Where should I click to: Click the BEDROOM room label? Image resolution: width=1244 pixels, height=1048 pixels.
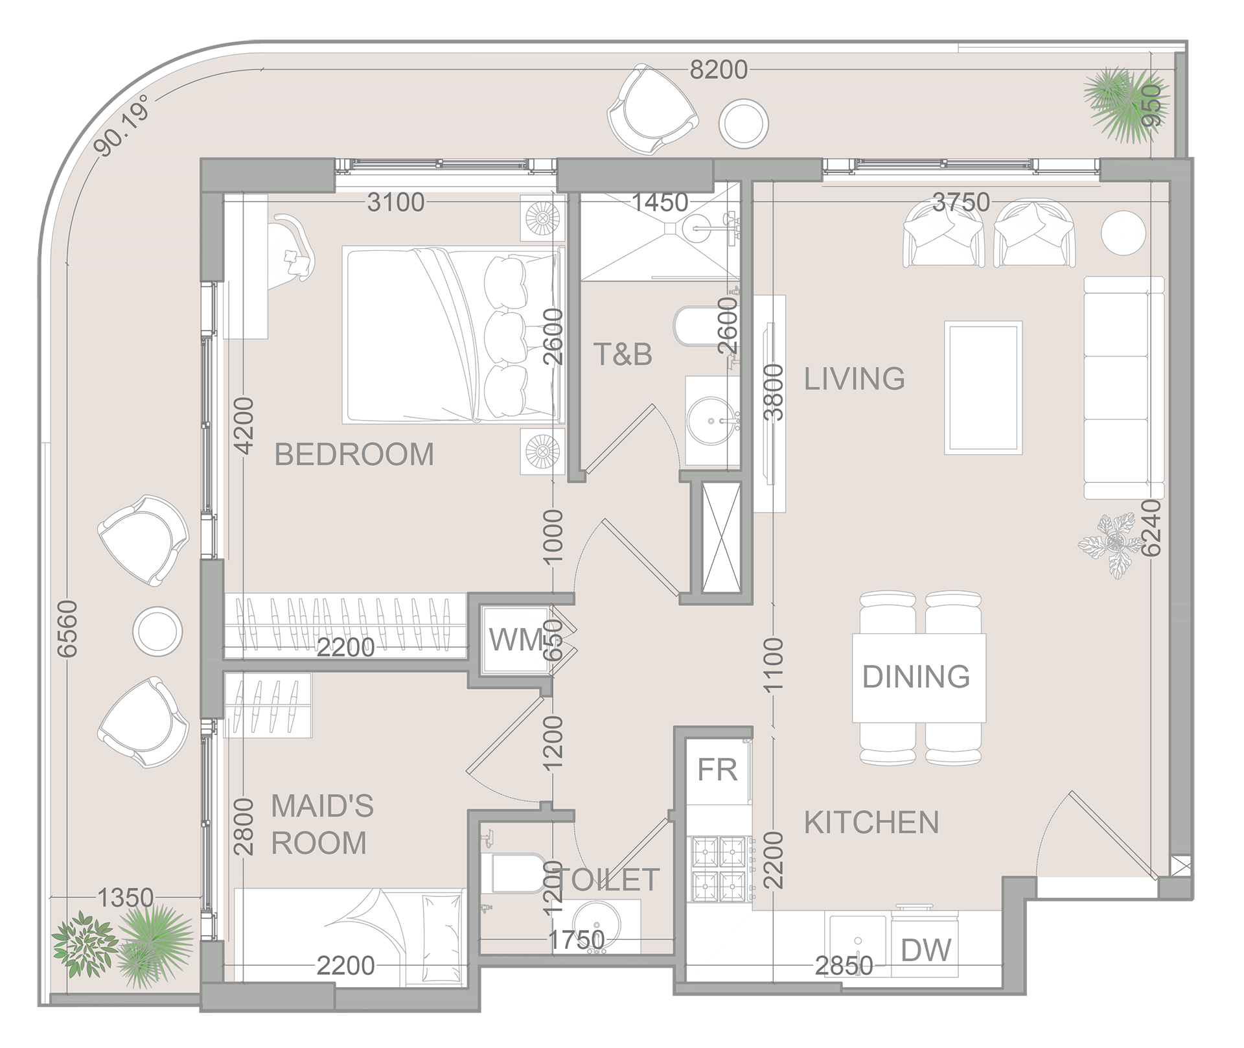point(354,454)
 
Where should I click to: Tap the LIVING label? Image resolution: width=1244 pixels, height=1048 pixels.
point(854,378)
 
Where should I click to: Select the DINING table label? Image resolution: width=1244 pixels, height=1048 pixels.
point(916,677)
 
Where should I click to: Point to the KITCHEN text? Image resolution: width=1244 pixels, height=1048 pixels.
point(871,823)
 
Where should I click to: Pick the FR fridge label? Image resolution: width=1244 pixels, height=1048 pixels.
point(717,770)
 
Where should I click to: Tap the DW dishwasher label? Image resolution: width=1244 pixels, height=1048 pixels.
point(926,951)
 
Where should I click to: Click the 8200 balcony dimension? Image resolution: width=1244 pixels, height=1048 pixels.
point(718,69)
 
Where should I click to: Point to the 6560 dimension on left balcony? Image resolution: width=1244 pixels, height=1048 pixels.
point(67,628)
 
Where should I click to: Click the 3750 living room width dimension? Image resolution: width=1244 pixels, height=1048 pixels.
point(961,202)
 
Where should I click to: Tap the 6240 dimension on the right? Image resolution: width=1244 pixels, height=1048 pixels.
point(1151,528)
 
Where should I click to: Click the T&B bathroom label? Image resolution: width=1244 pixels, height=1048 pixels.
point(622,355)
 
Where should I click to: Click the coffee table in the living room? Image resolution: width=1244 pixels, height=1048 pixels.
point(983,387)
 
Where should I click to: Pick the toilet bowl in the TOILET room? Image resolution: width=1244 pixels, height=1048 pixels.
point(516,873)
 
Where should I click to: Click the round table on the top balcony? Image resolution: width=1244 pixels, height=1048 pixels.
point(744,123)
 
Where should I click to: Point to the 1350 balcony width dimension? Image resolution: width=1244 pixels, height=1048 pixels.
point(125,898)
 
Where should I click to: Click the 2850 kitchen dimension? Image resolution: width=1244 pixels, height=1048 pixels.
point(844,966)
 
